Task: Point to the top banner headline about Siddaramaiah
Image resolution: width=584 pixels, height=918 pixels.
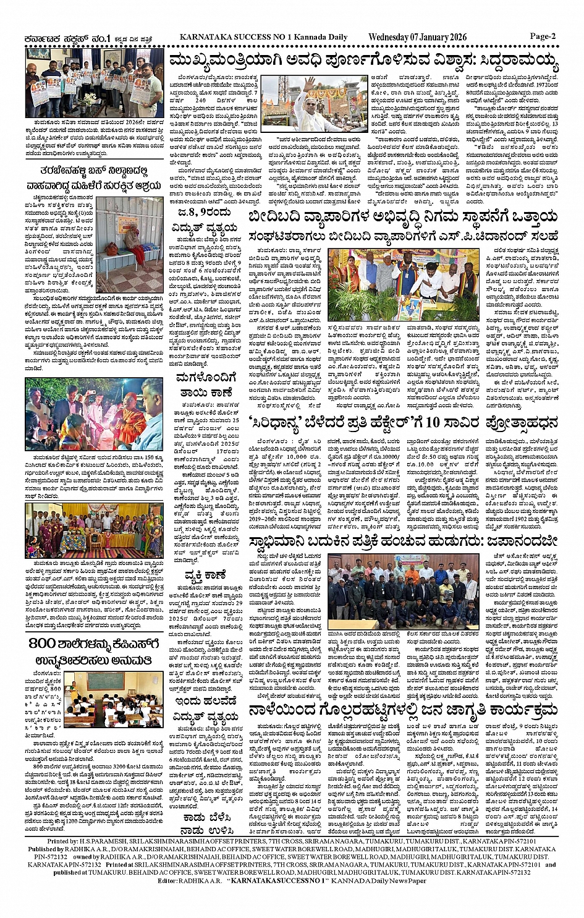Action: point(364,61)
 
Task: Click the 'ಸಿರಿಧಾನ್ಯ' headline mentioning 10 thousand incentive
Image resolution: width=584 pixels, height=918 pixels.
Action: point(403,423)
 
